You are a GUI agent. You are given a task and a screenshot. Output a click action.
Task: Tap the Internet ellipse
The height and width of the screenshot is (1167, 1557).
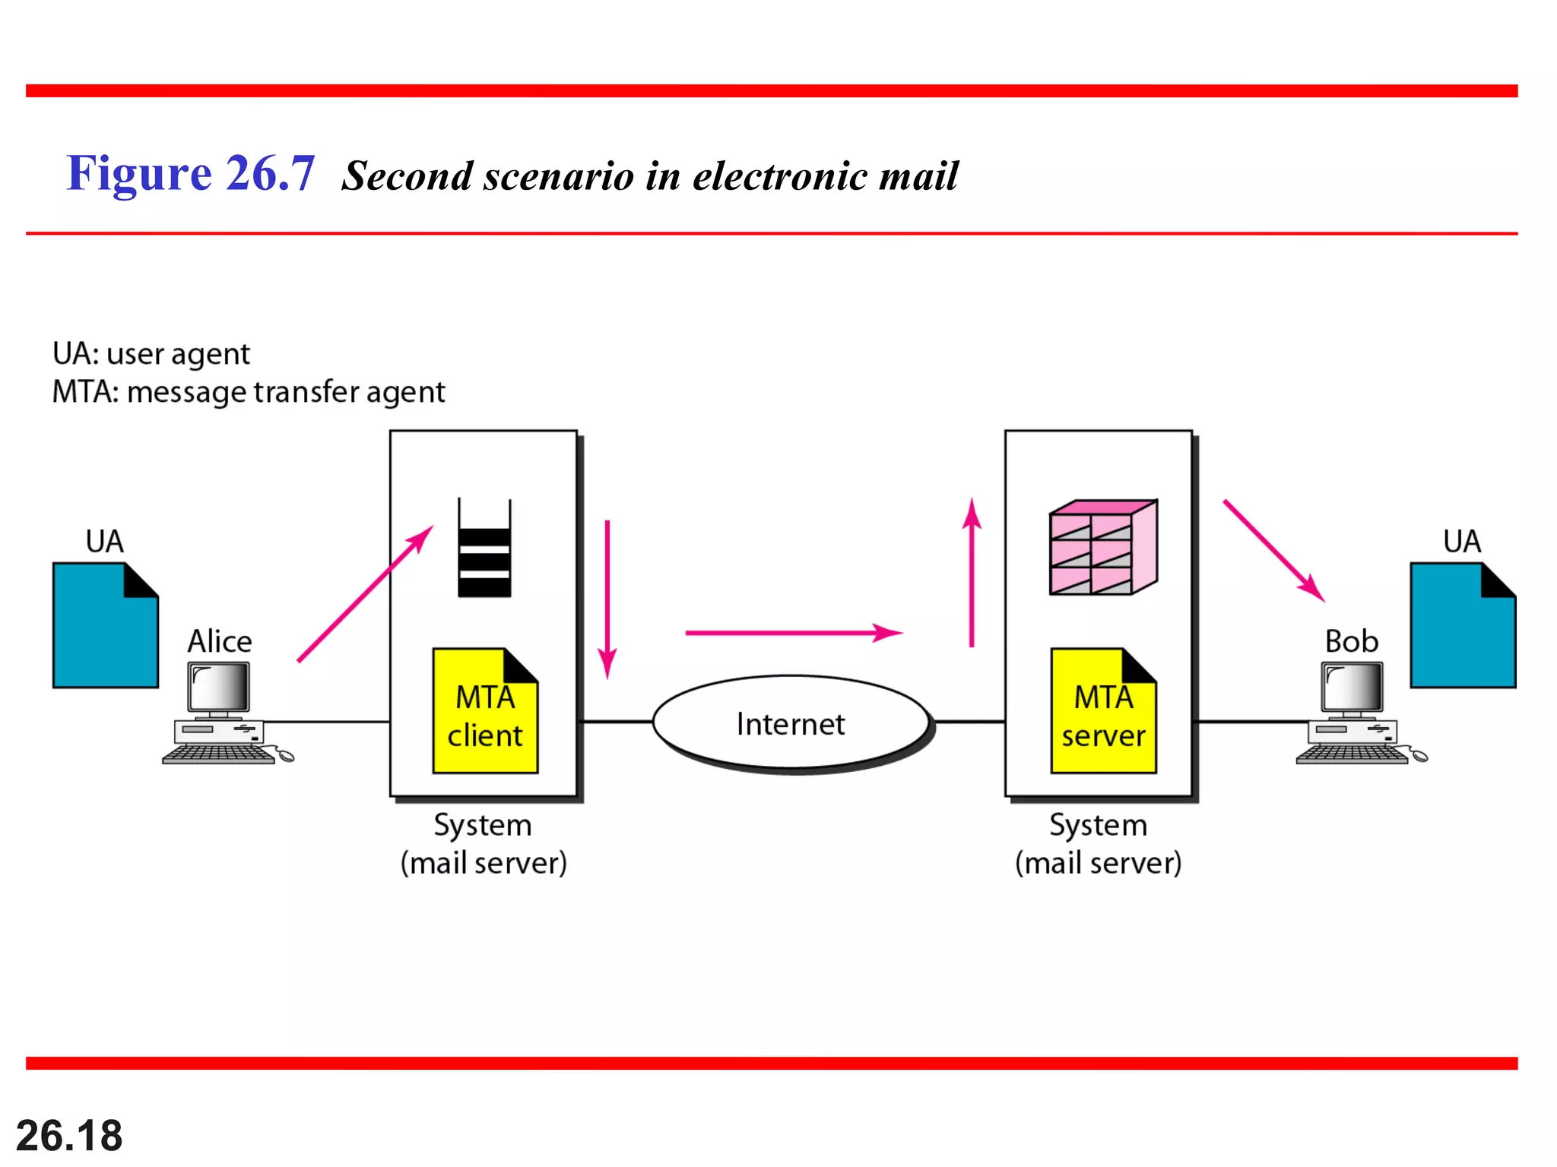[x=791, y=723]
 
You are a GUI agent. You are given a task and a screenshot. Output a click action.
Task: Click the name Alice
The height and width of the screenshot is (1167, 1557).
[x=220, y=641]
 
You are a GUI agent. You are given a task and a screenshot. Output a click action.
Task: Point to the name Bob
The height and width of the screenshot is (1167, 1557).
[x=1351, y=641]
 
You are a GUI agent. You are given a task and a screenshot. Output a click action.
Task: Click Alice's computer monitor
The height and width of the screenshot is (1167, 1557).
[x=219, y=687]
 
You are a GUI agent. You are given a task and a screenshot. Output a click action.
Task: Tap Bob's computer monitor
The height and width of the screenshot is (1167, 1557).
[x=1352, y=687]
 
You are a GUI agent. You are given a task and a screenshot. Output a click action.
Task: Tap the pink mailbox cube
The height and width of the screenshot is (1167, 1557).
[x=1102, y=547]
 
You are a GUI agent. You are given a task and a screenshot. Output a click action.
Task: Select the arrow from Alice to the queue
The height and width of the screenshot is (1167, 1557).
[x=365, y=593]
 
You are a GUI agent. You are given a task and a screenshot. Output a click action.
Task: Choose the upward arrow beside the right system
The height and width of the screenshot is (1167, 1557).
[x=972, y=573]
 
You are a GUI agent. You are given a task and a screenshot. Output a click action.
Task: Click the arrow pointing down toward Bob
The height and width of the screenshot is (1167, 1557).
[x=1273, y=550]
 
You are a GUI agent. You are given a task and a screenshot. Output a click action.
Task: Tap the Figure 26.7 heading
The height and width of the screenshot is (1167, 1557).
[x=191, y=173]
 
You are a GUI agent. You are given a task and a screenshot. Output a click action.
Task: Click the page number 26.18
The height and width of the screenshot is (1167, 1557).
[x=69, y=1136]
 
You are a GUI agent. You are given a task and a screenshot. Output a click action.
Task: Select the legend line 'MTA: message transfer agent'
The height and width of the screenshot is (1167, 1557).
[x=248, y=392]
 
